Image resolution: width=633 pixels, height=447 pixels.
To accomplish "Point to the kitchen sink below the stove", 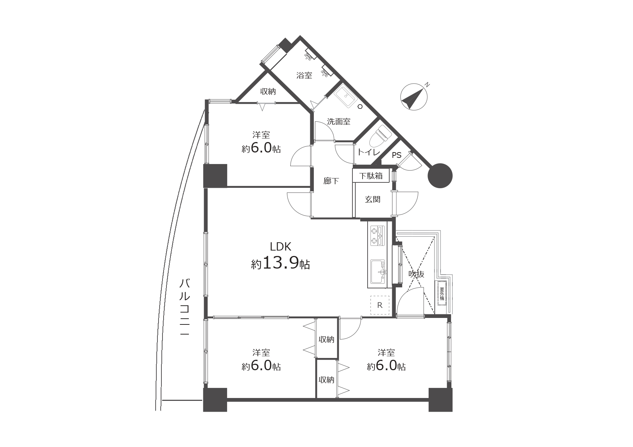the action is click(x=378, y=270).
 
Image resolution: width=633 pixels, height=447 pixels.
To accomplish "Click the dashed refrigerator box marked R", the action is click(x=380, y=305).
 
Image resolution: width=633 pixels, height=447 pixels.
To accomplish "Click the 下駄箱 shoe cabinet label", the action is click(x=371, y=176).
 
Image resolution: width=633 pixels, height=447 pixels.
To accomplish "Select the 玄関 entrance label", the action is click(x=372, y=199).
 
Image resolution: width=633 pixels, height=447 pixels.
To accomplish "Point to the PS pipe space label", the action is click(x=396, y=156).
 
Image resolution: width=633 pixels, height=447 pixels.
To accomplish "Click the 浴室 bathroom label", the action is click(x=304, y=75).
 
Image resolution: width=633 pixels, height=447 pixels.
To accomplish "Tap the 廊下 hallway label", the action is click(x=331, y=181).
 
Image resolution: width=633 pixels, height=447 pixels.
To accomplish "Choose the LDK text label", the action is click(x=281, y=247).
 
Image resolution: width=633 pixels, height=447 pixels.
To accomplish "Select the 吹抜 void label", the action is click(x=416, y=274).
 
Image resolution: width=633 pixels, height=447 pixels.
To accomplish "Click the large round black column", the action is click(x=440, y=176).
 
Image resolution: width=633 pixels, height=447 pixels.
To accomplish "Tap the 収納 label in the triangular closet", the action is click(x=268, y=92).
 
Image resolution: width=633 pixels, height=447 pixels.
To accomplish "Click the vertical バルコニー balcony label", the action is click(x=185, y=307).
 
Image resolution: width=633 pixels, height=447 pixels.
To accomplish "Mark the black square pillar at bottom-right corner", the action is click(x=440, y=400).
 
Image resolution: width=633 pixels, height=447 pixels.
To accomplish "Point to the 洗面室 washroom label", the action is click(x=339, y=121).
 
